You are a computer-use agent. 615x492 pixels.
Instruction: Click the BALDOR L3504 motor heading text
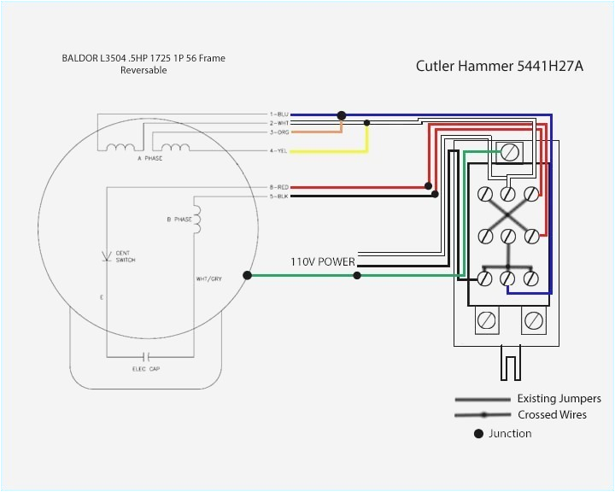point(143,64)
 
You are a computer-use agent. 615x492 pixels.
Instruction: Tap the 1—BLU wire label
point(280,114)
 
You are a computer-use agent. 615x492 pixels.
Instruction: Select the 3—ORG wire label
point(280,132)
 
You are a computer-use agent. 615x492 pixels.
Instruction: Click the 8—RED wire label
point(280,186)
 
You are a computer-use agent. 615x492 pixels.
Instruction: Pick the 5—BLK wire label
point(280,196)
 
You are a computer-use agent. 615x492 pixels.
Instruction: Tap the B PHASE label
point(179,220)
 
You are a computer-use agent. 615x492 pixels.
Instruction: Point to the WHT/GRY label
point(209,278)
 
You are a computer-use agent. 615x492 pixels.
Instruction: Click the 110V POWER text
point(323,262)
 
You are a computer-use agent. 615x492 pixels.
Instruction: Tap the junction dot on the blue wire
point(342,114)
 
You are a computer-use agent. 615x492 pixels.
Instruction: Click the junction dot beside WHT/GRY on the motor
point(247,275)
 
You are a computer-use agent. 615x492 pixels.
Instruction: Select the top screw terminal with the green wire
point(510,152)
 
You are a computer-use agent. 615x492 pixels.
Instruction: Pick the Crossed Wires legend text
point(552,415)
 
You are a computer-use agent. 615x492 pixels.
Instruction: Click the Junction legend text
point(510,434)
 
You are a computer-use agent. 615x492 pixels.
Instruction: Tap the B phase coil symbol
point(196,220)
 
